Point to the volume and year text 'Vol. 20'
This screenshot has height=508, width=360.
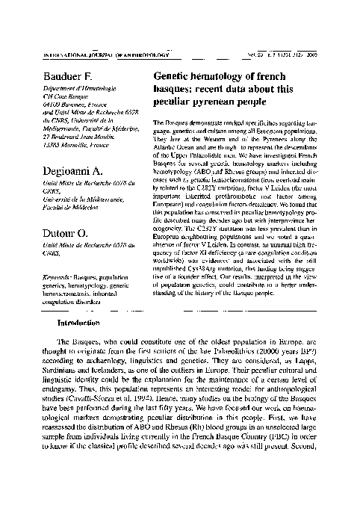248,52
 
